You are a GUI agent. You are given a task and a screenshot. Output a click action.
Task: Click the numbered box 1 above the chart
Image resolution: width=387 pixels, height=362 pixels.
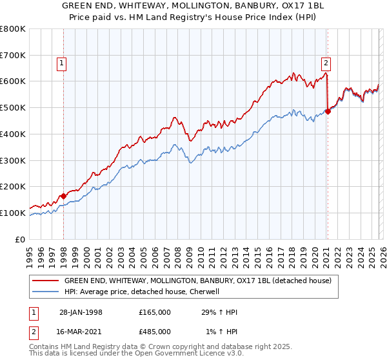[61, 63]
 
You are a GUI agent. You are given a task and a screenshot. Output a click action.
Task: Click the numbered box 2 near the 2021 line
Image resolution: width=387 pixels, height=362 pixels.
[326, 63]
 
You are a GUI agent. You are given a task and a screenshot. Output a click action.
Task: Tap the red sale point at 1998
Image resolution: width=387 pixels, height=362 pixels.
[64, 196]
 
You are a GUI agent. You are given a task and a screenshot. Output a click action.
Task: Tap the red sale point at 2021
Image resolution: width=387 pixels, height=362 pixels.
[328, 111]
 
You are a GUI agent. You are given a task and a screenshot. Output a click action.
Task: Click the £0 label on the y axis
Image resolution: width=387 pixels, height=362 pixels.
[21, 239]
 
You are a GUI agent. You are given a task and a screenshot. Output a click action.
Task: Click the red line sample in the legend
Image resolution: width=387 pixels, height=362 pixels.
[45, 281]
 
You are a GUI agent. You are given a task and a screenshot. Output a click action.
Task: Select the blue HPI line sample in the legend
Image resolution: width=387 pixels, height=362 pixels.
[45, 292]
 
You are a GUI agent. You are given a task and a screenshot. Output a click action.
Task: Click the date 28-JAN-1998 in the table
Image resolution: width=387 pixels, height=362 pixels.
[81, 312]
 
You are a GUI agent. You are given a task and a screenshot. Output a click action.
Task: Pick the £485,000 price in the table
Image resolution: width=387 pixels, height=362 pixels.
[155, 332]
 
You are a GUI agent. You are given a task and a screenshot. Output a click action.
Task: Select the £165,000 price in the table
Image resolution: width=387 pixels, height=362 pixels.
[155, 312]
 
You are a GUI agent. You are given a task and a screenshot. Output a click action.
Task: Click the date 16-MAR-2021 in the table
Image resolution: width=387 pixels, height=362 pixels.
[81, 332]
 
